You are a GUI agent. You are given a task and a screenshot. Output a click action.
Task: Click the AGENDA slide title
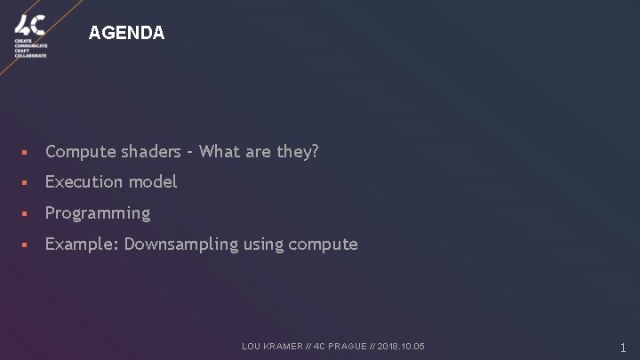tap(126, 33)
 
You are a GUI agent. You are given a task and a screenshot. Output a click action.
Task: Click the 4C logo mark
tap(29, 23)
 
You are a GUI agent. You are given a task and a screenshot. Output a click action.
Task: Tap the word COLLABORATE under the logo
tap(30, 55)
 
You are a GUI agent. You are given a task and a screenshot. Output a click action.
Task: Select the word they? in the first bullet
tap(297, 151)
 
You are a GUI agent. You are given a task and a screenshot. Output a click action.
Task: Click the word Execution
tap(84, 181)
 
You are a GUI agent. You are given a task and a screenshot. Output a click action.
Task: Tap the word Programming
tap(98, 213)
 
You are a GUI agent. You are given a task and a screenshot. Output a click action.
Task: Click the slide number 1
tap(623, 348)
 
